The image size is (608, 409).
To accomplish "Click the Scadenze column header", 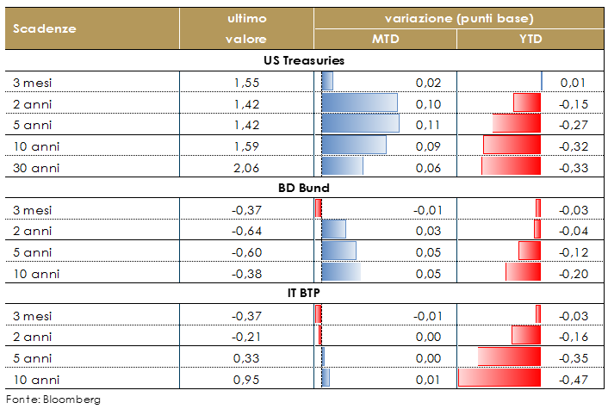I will coord(45,28).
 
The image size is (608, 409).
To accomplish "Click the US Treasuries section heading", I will coord(304,60).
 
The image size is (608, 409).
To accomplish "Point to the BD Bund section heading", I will coord(304,187).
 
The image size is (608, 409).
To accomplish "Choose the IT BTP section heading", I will coord(304,292).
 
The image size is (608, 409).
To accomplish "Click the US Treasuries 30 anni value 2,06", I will coord(247,166).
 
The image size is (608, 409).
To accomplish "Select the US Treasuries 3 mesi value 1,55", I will coord(247,83).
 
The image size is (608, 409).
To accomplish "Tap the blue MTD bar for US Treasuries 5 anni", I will coord(360,124).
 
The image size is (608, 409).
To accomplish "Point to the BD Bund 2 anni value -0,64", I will coord(246,230).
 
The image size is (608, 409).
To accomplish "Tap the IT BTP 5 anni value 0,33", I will coord(247,356).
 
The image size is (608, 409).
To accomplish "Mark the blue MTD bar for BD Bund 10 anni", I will coord(341,272).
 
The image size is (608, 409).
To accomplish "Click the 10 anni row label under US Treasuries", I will coord(37,146).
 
